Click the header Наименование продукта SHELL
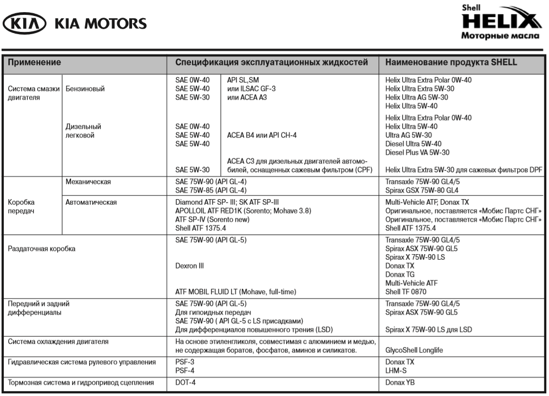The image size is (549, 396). click(451, 63)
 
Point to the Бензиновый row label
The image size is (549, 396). click(85, 89)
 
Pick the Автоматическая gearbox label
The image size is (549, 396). click(91, 202)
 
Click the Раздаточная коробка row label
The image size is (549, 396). click(41, 249)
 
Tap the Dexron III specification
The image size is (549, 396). click(189, 266)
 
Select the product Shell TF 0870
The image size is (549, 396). click(406, 291)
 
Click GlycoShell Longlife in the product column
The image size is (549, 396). click(414, 350)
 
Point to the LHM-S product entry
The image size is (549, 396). click(396, 371)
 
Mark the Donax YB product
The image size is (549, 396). click(399, 382)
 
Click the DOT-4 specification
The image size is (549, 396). click(186, 382)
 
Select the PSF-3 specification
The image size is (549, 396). click(185, 362)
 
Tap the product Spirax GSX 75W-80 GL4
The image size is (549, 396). click(422, 190)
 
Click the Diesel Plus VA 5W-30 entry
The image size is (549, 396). click(418, 152)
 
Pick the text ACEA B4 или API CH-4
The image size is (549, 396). click(262, 135)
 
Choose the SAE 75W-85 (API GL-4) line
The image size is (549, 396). click(210, 190)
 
